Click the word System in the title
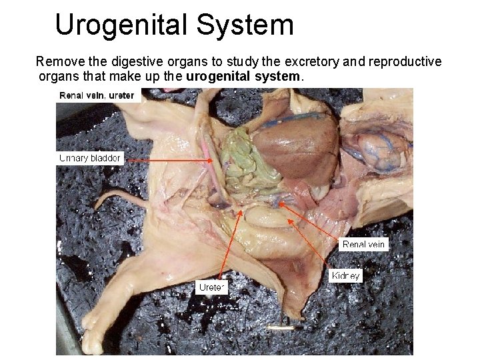[x=253, y=25]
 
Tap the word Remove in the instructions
[x=59, y=62]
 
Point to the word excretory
[x=312, y=62]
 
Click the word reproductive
[x=404, y=62]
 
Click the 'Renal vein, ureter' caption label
[x=97, y=95]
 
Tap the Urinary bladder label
[x=90, y=158]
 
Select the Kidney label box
[x=345, y=275]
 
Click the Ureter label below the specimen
[x=211, y=287]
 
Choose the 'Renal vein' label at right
[x=363, y=245]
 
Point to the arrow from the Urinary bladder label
[x=167, y=160]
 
